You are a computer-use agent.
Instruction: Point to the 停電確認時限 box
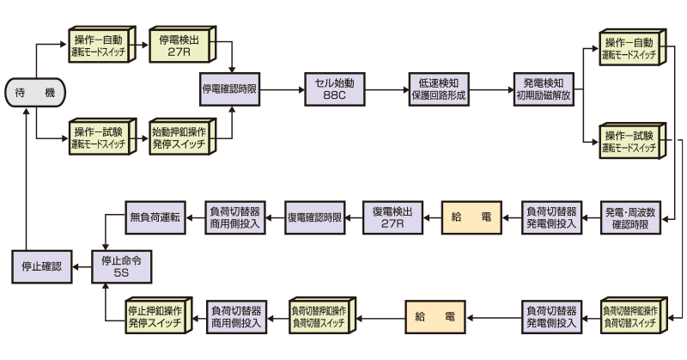tap(229, 88)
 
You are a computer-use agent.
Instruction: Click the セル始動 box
tap(333, 88)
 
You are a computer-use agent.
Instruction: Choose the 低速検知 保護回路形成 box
tap(438, 88)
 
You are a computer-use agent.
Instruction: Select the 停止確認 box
tap(41, 267)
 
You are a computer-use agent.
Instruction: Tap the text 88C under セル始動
tap(333, 95)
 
